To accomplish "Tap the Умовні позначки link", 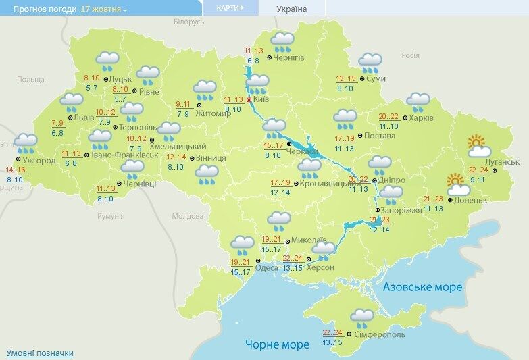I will (40, 353).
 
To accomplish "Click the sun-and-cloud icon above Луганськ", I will (478, 145).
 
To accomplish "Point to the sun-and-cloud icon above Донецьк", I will (457, 183).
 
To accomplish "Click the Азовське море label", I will (422, 287).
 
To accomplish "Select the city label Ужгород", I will (40, 161).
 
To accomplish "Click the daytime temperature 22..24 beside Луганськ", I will (478, 170).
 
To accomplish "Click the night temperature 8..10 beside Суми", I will (346, 88).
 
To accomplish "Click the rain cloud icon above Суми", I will (370, 63).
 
